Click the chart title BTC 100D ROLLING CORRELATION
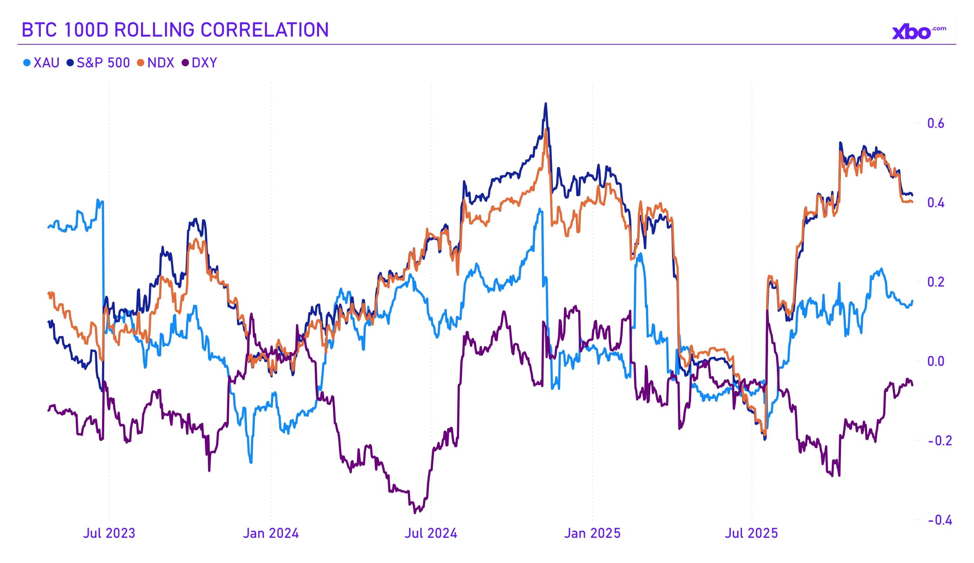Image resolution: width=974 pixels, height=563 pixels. tap(175, 30)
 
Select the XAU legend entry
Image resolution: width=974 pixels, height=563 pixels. tap(42, 63)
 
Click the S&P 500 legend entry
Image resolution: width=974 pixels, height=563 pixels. tap(99, 63)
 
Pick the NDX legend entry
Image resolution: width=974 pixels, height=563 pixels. tap(156, 63)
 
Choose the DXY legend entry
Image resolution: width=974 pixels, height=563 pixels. tap(200, 63)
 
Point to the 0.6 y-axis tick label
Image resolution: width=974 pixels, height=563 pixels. tap(935, 123)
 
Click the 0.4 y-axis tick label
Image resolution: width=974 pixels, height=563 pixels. tap(935, 202)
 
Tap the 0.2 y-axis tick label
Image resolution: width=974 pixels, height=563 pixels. tap(935, 282)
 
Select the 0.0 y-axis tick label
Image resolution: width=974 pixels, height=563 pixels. tap(935, 361)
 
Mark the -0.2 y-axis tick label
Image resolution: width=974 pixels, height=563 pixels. tap(940, 441)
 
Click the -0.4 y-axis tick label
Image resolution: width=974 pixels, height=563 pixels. tap(940, 520)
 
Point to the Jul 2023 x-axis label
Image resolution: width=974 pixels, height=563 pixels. tap(109, 533)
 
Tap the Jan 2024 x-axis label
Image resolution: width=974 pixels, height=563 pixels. tap(271, 533)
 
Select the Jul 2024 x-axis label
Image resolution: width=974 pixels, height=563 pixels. tap(431, 533)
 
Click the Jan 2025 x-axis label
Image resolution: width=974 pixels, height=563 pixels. tap(592, 533)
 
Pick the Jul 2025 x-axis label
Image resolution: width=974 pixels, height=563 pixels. tap(751, 533)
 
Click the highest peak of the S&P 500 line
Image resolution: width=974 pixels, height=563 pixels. tap(546, 103)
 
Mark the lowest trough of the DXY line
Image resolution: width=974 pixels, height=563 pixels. tap(415, 513)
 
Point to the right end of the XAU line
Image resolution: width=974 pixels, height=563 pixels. tap(912, 301)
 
